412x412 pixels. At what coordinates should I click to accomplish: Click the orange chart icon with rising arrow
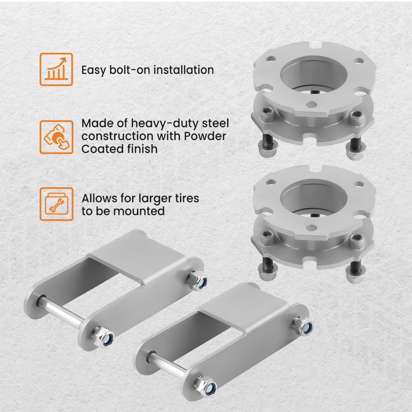pos(56,69)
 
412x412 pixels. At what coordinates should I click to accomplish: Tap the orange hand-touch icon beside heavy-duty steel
pos(56,137)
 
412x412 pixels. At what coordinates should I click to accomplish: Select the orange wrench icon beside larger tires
pos(56,204)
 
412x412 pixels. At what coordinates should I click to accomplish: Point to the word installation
pos(183,70)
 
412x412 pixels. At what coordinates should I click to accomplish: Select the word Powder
pos(205,136)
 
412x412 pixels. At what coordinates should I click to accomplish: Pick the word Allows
pos(98,198)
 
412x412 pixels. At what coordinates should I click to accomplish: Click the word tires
pos(185,198)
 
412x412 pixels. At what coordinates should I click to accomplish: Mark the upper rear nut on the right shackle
pos(303,325)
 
